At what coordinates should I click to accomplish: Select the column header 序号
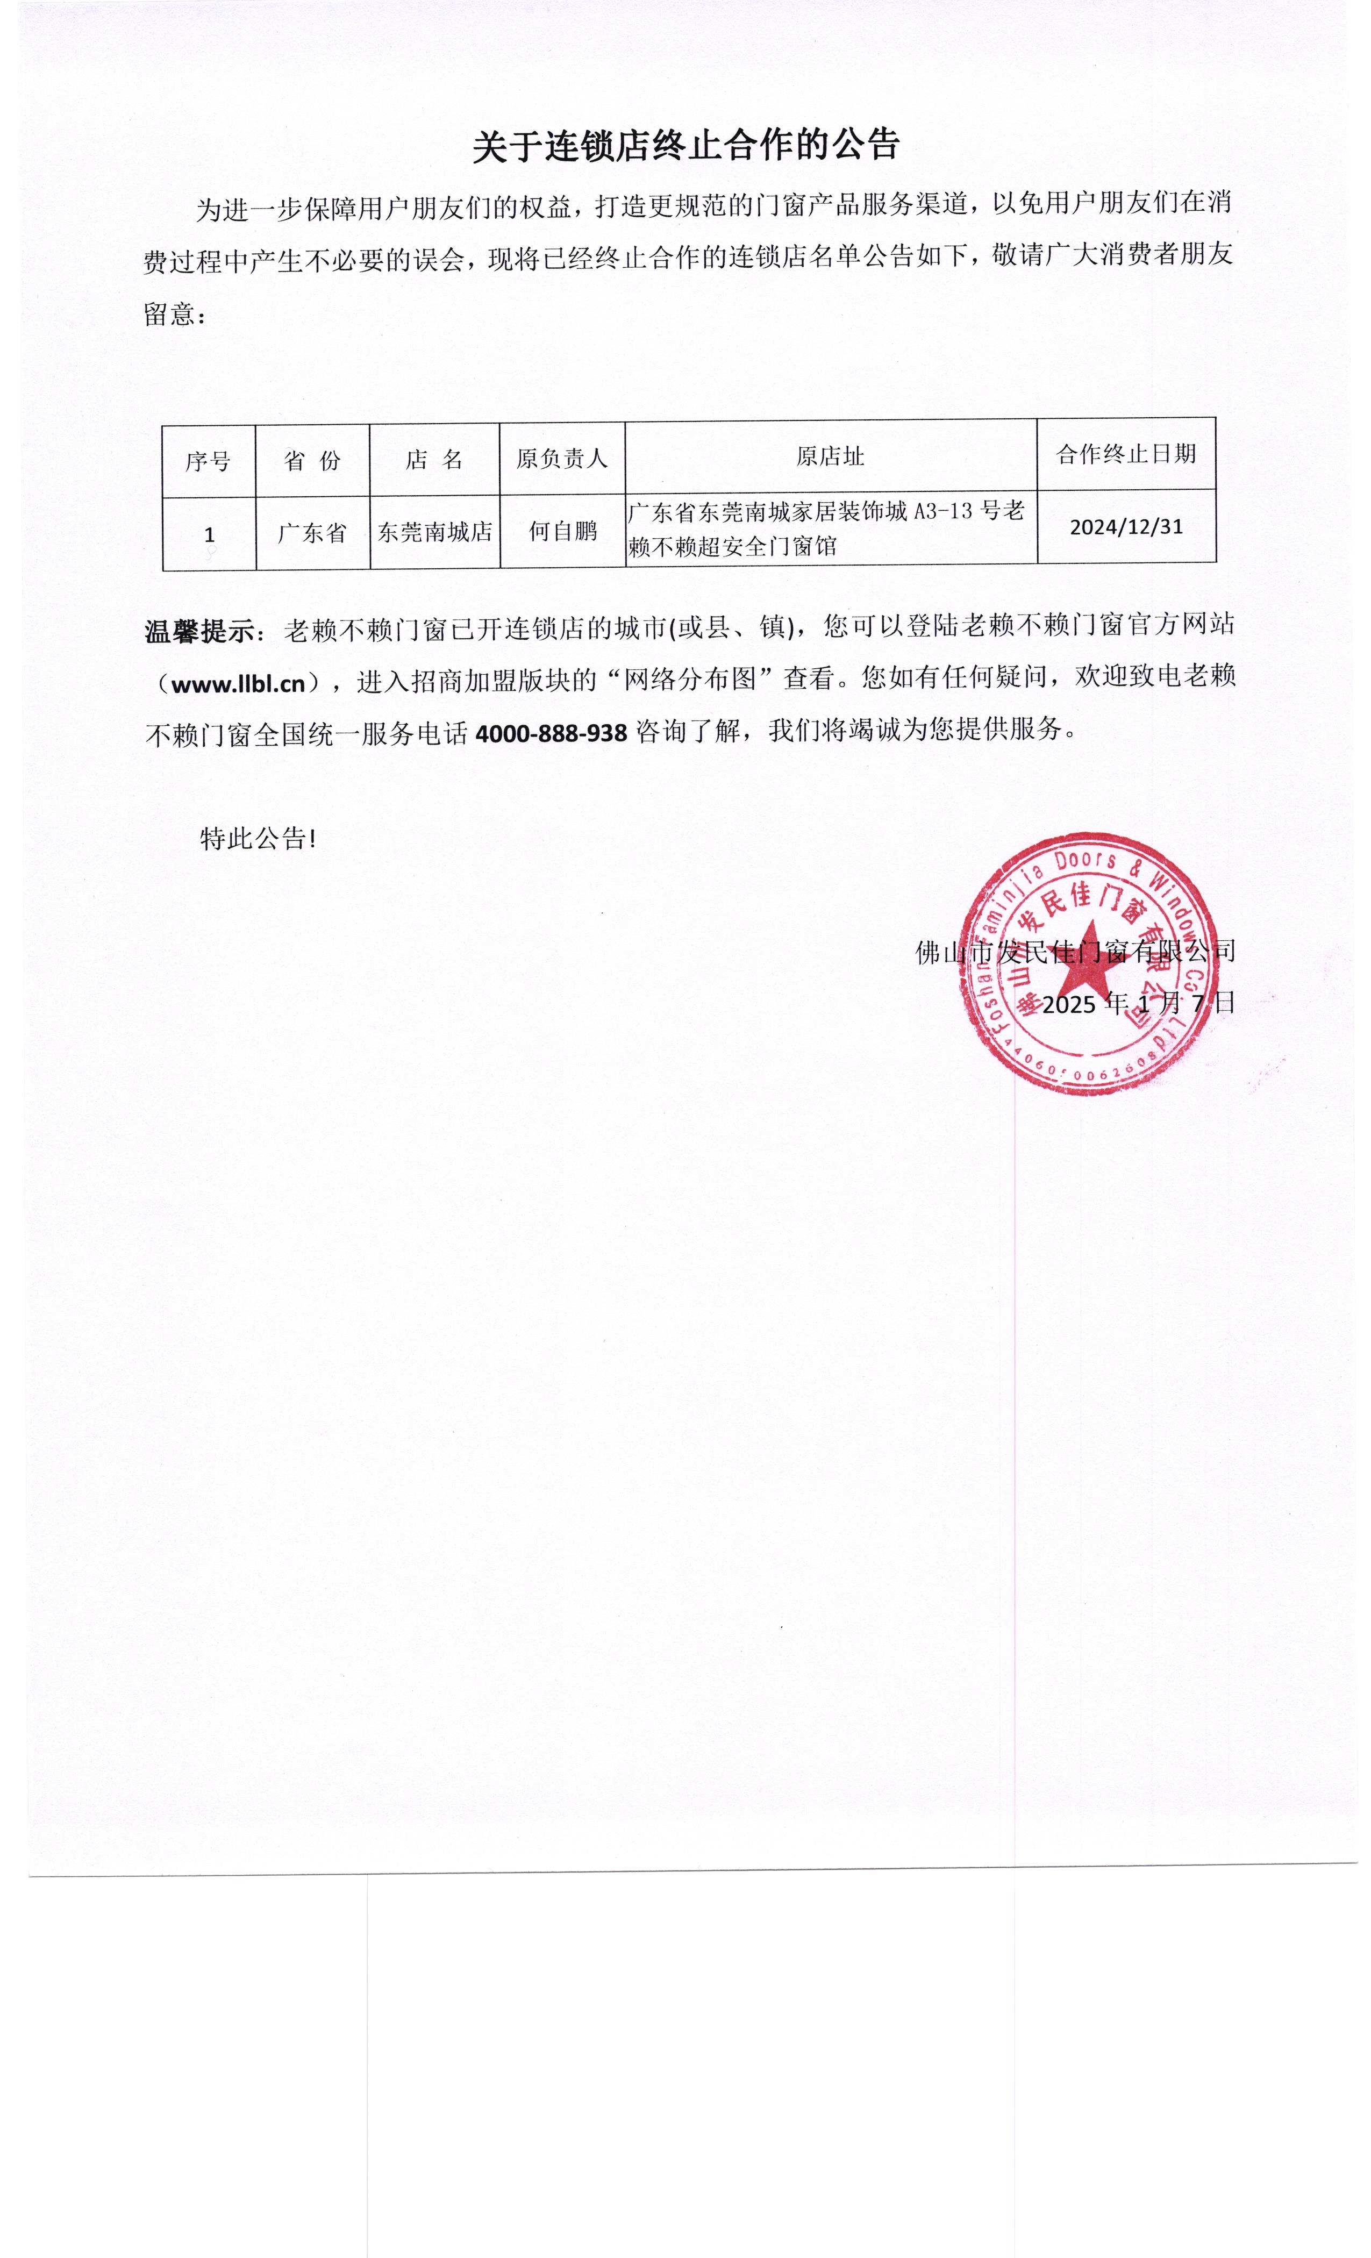tap(208, 461)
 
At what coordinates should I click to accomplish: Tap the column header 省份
tap(312, 460)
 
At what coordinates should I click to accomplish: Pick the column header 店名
tap(434, 459)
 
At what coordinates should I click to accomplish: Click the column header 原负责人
tap(562, 458)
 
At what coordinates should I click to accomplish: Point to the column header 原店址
tap(830, 456)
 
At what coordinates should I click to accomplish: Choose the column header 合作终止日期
tap(1125, 454)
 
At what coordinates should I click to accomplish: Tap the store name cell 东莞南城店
tap(434, 532)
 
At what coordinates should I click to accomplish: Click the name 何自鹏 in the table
tap(563, 531)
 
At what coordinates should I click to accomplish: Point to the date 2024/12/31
tap(1126, 527)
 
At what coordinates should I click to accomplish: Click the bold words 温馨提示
tap(200, 631)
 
